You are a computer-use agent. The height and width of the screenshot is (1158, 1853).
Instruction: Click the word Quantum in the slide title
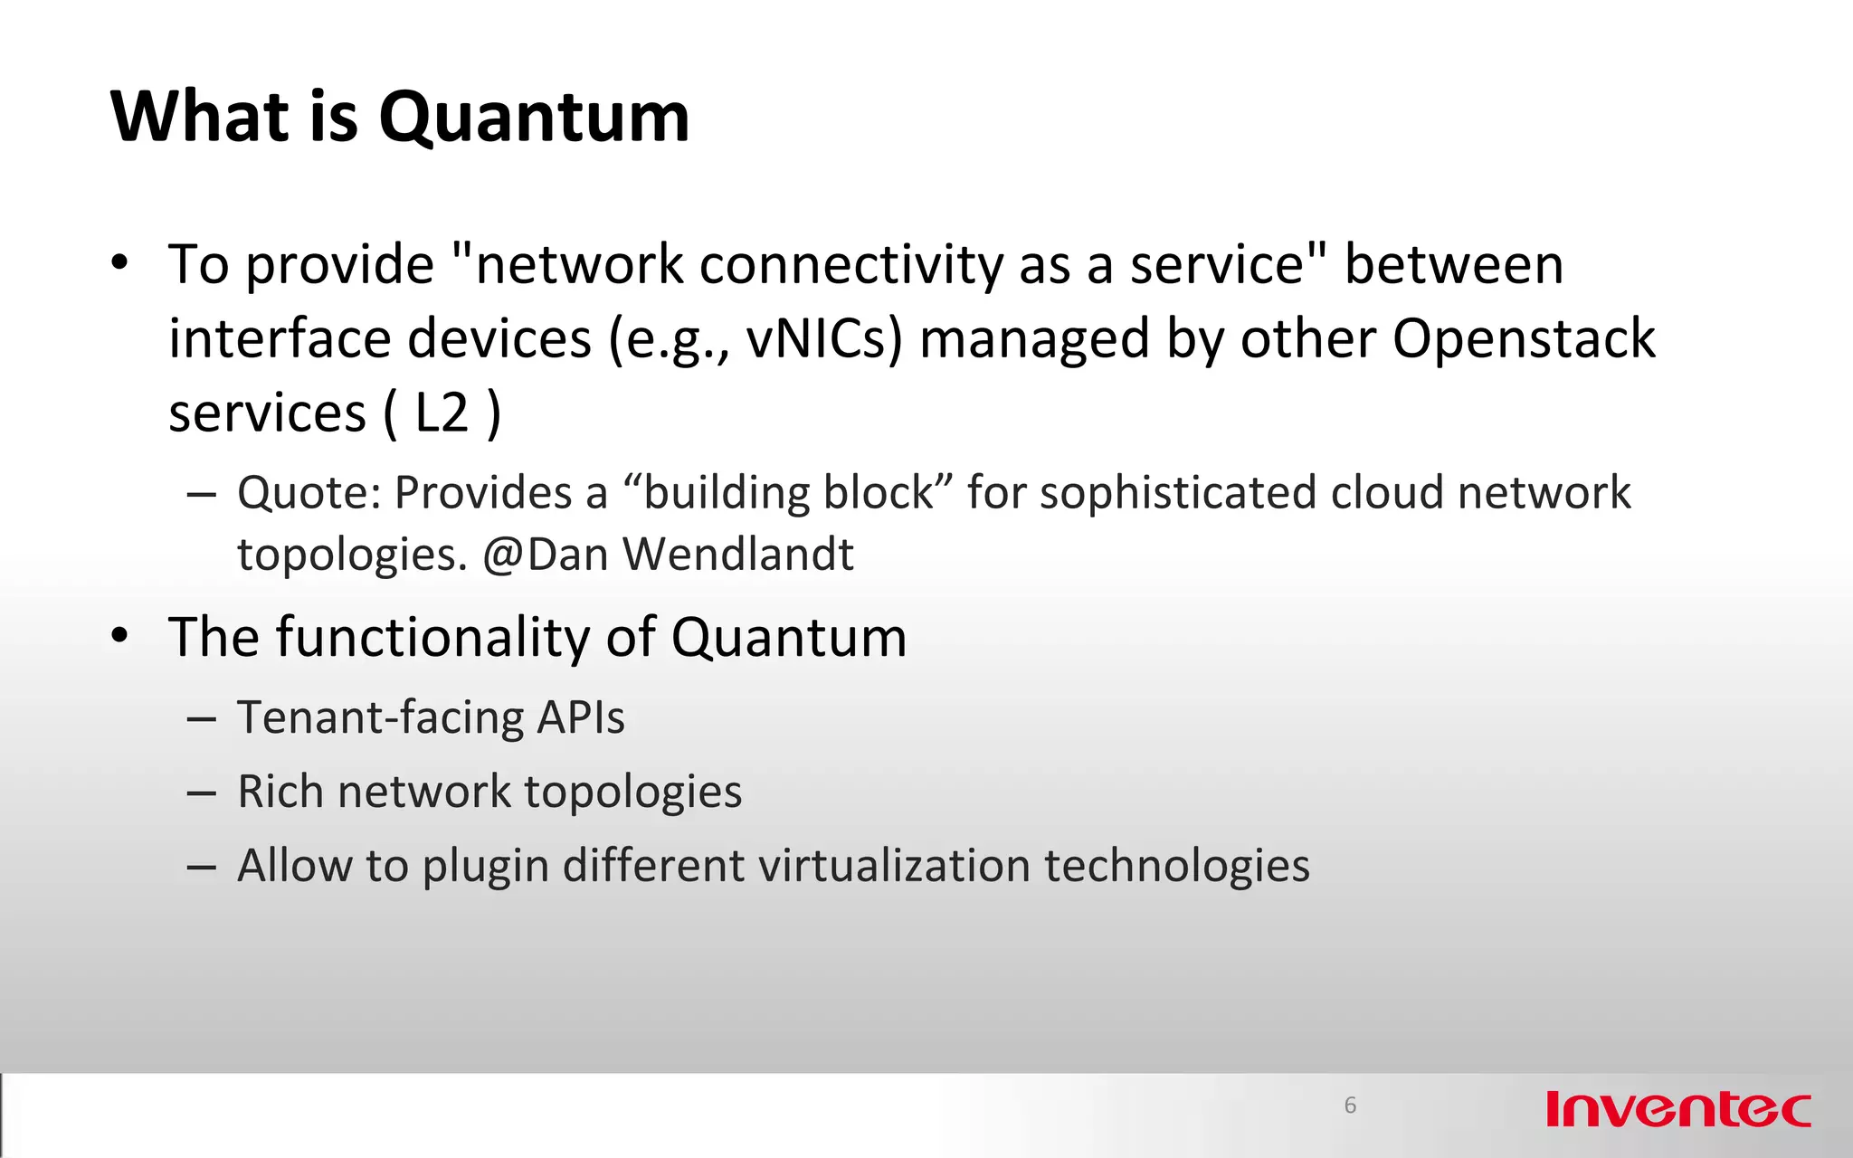(x=534, y=118)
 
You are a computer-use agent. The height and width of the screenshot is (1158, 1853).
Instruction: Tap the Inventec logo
(x=1677, y=1110)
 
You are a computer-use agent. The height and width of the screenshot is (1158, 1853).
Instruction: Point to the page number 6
(x=1350, y=1105)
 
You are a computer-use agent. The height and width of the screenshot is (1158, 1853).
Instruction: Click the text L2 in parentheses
(x=442, y=413)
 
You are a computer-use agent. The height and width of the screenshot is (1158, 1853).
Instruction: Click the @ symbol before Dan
(x=502, y=554)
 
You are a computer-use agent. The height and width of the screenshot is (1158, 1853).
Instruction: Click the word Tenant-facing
(x=380, y=718)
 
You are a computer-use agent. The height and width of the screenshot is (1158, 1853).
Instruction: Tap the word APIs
(x=580, y=718)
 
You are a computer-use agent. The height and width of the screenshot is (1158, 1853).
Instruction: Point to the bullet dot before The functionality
(x=119, y=636)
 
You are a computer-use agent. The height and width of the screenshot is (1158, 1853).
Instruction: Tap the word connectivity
(x=850, y=265)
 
